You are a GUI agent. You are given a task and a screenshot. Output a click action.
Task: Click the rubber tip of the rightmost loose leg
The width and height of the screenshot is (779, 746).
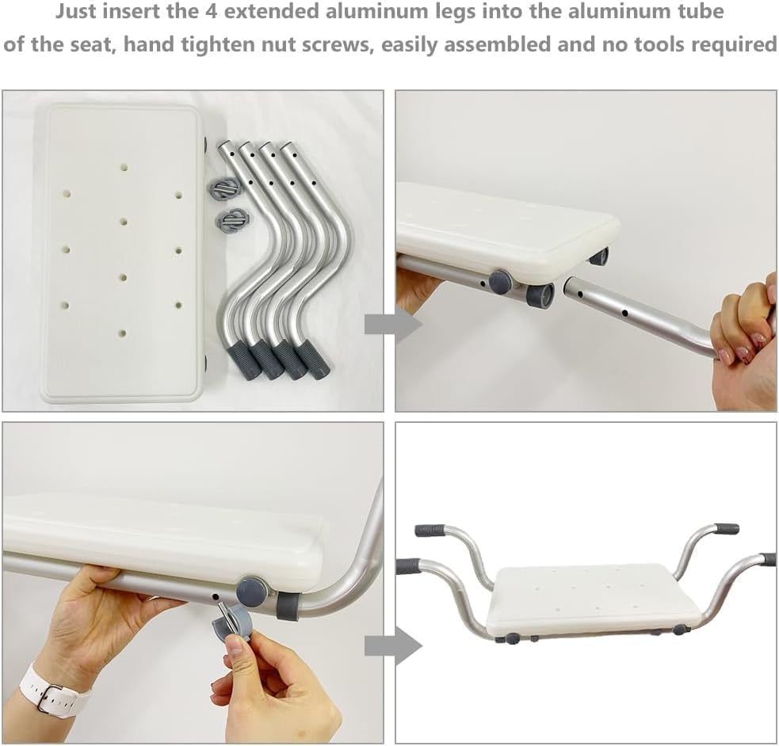(x=314, y=361)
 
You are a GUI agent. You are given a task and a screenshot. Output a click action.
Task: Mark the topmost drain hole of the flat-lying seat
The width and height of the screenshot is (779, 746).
(x=124, y=167)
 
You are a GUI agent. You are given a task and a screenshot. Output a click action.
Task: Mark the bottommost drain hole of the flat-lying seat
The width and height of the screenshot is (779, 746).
(x=122, y=334)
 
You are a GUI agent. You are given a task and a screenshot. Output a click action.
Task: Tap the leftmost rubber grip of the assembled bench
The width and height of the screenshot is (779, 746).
(x=408, y=566)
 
